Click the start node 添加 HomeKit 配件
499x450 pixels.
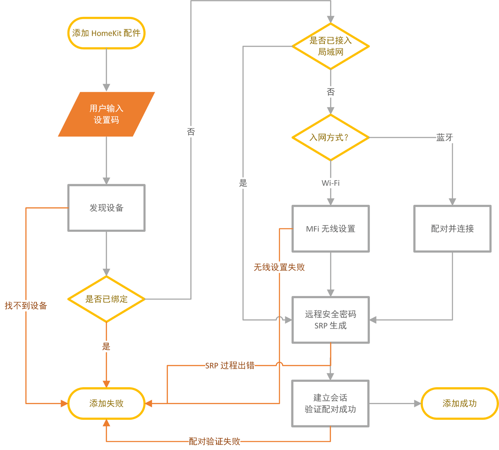[x=106, y=33]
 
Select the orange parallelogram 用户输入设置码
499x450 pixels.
[x=106, y=114]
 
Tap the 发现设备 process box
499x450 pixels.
[x=106, y=208]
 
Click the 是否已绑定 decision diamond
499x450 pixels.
[x=106, y=299]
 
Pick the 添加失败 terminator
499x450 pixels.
[x=106, y=403]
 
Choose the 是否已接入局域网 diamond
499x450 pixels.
[x=331, y=46]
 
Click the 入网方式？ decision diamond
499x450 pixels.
[x=331, y=138]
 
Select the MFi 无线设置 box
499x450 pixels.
[x=331, y=229]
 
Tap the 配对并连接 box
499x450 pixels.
[x=452, y=229]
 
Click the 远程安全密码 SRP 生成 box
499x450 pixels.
[x=331, y=320]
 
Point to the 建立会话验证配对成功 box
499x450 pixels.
[x=330, y=403]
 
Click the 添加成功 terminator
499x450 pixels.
[x=459, y=403]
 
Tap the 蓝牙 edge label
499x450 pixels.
[x=445, y=138]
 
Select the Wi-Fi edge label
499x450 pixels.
[x=331, y=183]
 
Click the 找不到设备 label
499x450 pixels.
[x=26, y=306]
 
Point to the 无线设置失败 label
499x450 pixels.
[x=279, y=267]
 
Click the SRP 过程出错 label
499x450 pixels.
[x=230, y=365]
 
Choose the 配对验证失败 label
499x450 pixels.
[x=214, y=442]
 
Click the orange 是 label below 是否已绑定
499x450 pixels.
[x=106, y=346]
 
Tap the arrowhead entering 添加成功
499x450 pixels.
[x=417, y=404]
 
